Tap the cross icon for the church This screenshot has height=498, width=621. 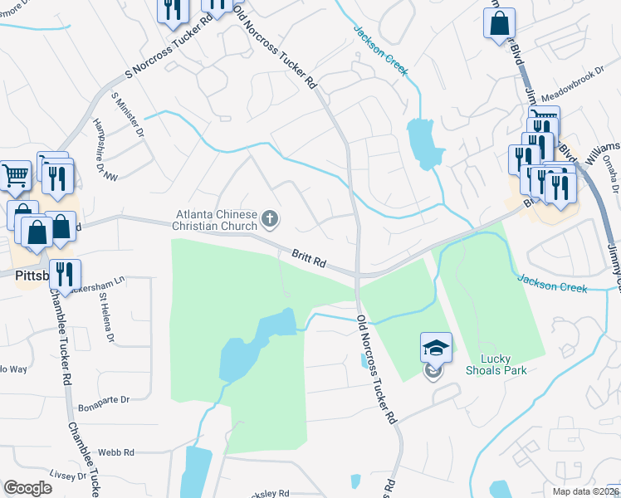tap(269, 220)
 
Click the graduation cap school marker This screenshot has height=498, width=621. tap(436, 347)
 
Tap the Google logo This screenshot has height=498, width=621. tap(27, 488)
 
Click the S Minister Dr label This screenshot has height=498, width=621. tap(128, 115)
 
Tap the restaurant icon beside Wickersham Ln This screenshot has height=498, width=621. tap(66, 274)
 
